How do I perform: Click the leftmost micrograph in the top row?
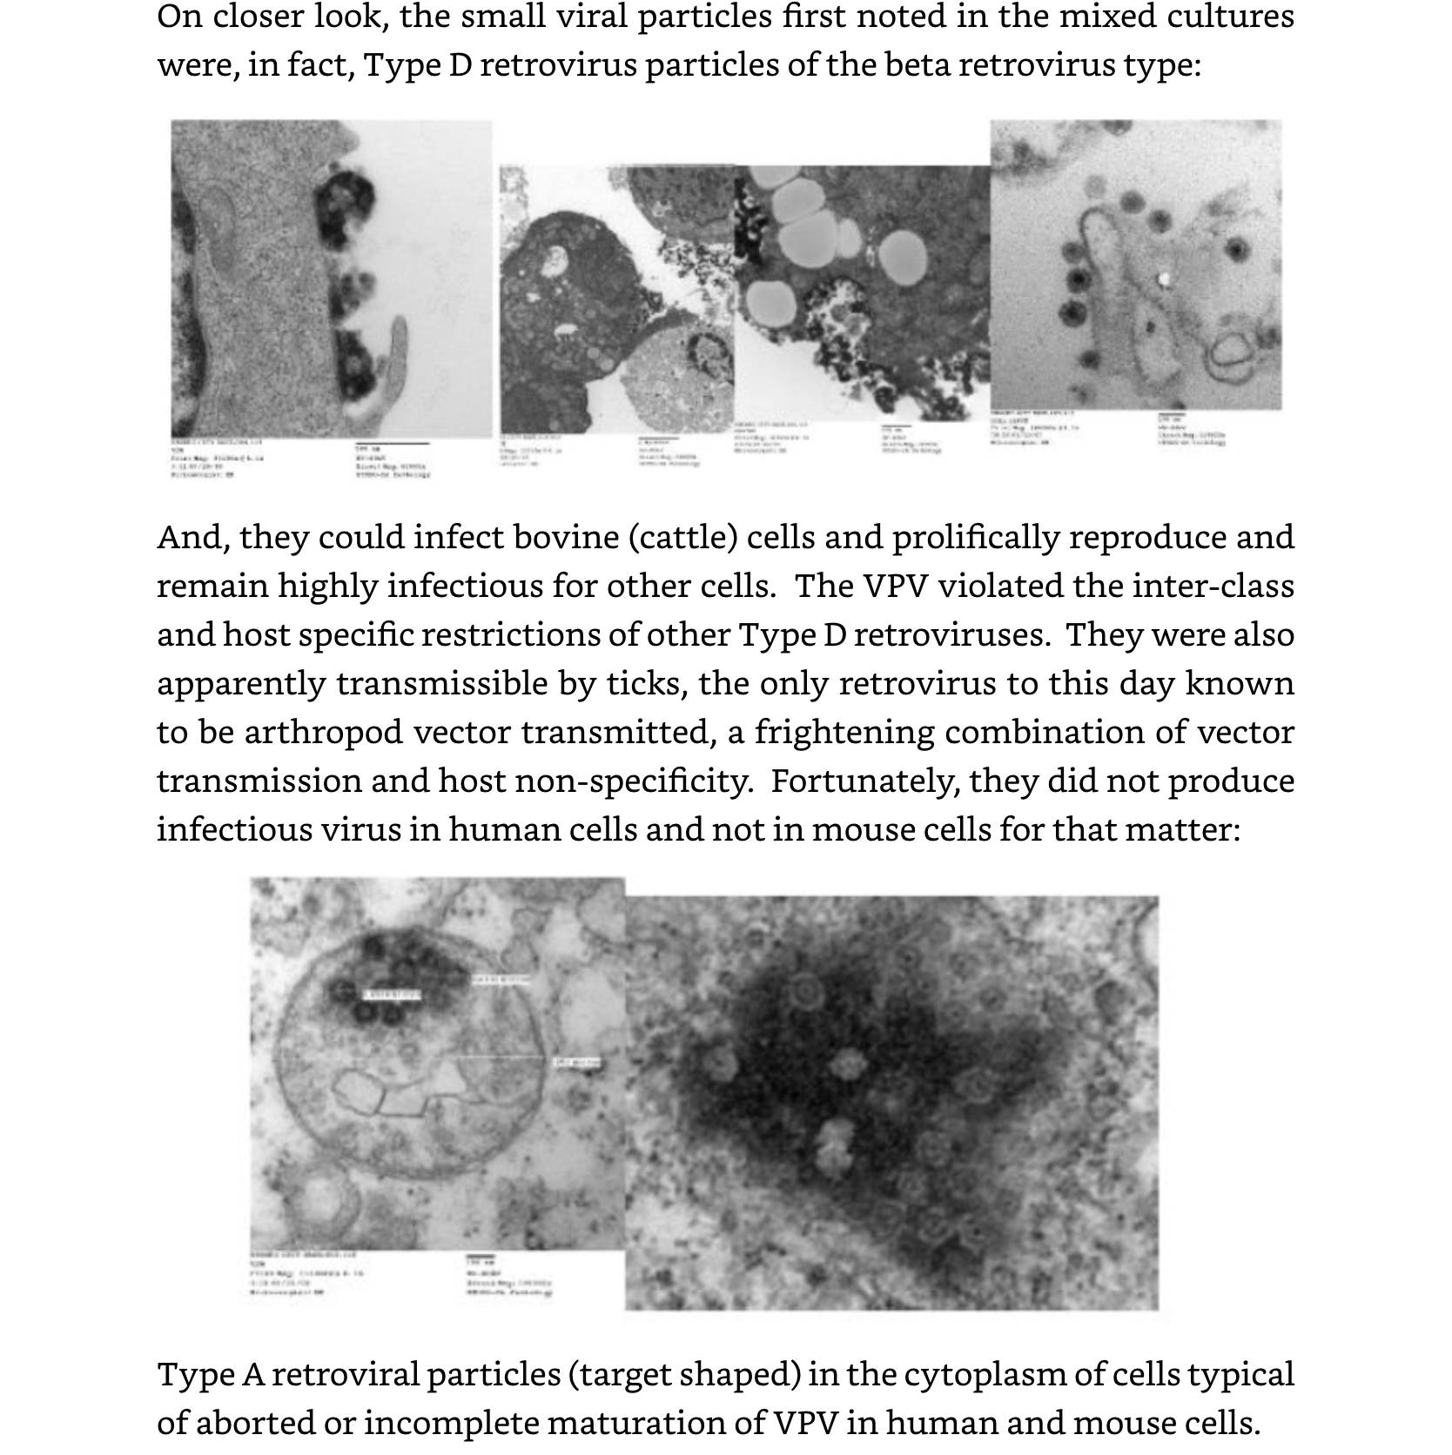pyautogui.click(x=331, y=278)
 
